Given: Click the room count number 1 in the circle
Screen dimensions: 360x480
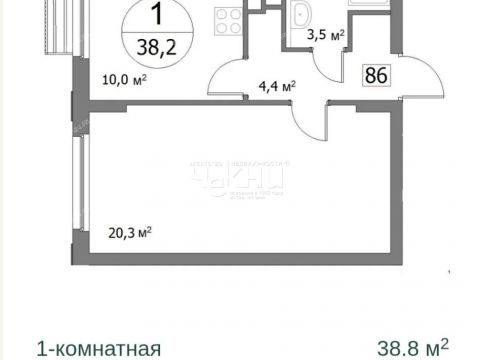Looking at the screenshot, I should point(155,16).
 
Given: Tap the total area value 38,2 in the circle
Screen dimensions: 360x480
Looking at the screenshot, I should point(155,45).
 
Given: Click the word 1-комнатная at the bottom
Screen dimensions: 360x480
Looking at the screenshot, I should point(98,348).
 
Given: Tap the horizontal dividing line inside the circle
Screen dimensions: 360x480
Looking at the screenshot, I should point(155,31).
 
